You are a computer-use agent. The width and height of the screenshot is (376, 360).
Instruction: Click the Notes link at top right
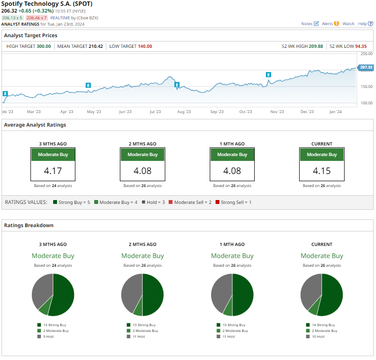(x=307, y=24)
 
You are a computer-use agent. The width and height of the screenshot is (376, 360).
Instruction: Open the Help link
(x=362, y=24)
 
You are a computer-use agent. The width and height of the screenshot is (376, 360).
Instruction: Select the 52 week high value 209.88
(x=316, y=46)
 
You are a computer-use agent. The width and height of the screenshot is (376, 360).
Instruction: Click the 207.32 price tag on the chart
(x=365, y=67)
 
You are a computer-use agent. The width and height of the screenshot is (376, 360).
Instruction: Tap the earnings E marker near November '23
(x=269, y=74)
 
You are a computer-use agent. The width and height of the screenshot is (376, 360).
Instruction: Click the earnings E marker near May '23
(x=88, y=85)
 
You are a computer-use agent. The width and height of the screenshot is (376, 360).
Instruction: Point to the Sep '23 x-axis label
(x=217, y=112)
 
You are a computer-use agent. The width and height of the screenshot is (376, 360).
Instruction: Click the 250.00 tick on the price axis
(x=366, y=54)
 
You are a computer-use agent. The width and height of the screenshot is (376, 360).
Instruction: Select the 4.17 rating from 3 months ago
(x=53, y=171)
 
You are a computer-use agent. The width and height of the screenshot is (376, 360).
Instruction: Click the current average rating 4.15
(x=322, y=171)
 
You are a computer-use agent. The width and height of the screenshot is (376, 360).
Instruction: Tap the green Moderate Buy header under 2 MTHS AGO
(x=143, y=155)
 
